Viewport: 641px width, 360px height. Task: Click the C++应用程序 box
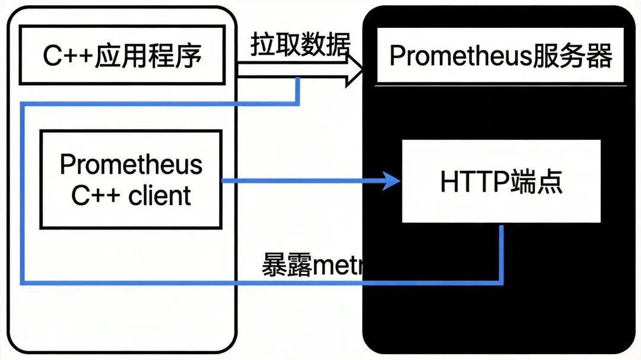pos(122,55)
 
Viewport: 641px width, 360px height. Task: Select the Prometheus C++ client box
pos(131,180)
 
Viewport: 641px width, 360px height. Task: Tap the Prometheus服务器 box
pos(500,55)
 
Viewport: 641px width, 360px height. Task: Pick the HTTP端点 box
pos(501,181)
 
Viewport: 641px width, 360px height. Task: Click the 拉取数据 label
pos(300,44)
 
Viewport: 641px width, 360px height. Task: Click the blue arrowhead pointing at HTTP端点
pos(392,180)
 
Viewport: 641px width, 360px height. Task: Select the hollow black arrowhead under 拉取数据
pos(355,70)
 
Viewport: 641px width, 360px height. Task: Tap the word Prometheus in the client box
pos(131,164)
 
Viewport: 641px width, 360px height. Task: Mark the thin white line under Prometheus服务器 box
pos(502,86)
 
